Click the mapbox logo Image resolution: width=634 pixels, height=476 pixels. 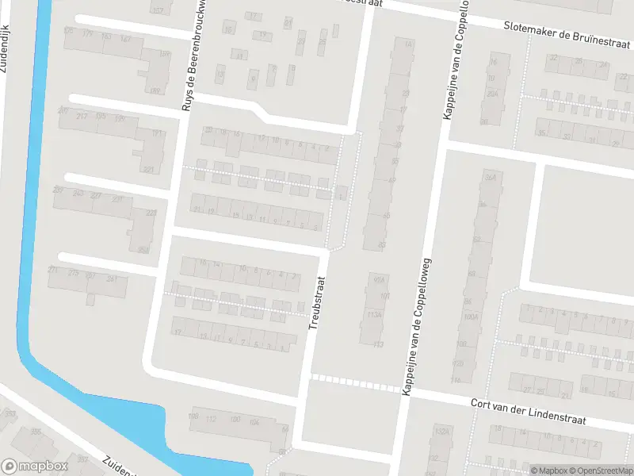tap(33, 466)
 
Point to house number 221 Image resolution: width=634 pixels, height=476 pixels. tap(148, 170)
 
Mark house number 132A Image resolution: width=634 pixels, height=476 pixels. tap(441, 432)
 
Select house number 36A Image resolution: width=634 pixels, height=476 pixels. tap(489, 178)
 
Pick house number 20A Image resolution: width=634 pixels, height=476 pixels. tap(492, 94)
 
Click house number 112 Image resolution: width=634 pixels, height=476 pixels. tap(211, 419)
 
